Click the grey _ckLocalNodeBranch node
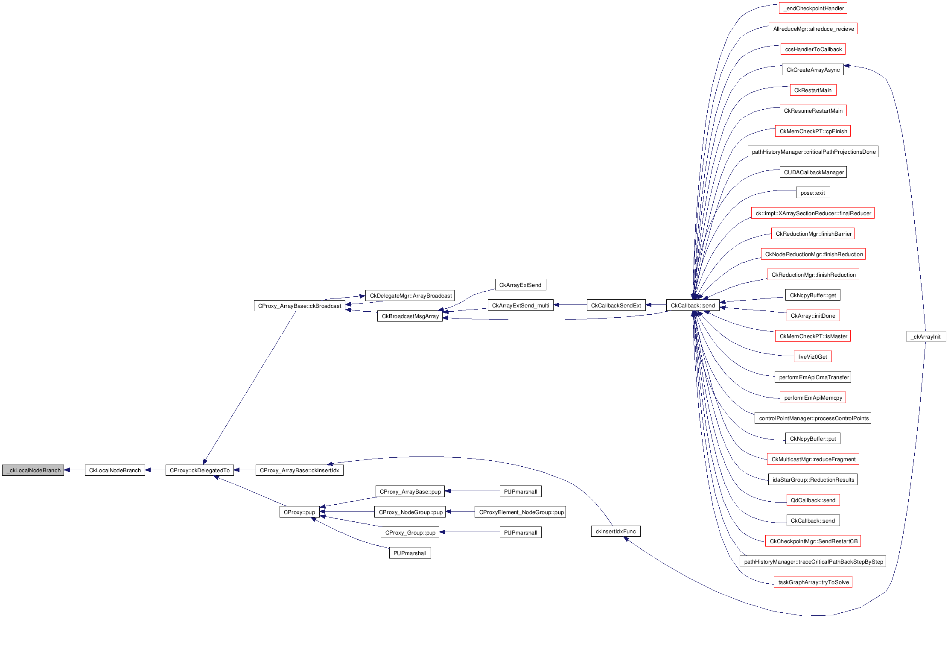[x=33, y=470]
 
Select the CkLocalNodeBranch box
[x=115, y=470]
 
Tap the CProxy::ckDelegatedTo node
[x=199, y=470]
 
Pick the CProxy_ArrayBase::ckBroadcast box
[x=299, y=306]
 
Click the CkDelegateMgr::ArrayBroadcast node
[x=410, y=295]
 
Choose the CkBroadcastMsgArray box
[x=410, y=316]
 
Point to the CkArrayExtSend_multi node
[x=520, y=305]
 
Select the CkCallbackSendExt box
[x=616, y=305]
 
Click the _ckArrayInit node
[x=926, y=336]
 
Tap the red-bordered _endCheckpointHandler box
[x=813, y=8]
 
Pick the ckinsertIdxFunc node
[x=615, y=531]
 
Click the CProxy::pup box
[x=299, y=512]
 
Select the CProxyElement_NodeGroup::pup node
[x=520, y=512]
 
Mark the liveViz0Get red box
[x=813, y=357]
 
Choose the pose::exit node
[x=813, y=193]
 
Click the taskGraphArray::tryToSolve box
[x=813, y=582]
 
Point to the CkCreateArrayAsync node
[x=813, y=70]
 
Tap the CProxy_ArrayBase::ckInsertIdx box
[x=299, y=470]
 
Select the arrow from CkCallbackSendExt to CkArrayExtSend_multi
[x=570, y=305]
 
